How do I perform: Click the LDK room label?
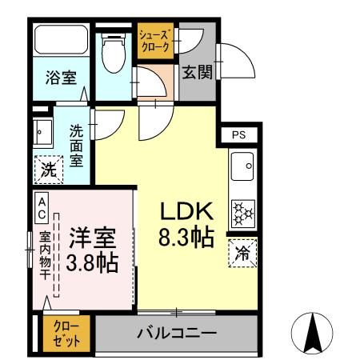click(x=186, y=211)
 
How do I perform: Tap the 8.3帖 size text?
click(x=186, y=238)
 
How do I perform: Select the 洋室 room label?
click(x=93, y=238)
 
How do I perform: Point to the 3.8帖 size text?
click(x=93, y=262)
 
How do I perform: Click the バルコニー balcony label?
click(x=176, y=332)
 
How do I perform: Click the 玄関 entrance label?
click(x=196, y=73)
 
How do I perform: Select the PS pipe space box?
click(x=239, y=135)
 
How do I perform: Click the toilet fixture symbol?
click(x=113, y=51)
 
